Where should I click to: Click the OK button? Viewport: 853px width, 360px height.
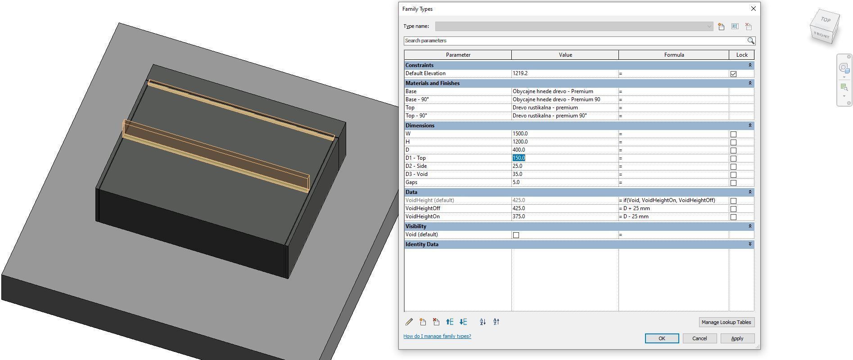[661, 338]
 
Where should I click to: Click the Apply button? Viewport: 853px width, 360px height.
[737, 338]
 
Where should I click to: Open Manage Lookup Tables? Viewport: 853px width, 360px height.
[726, 322]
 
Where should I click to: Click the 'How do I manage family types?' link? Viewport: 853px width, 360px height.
[437, 336]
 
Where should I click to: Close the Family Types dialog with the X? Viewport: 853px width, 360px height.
[753, 9]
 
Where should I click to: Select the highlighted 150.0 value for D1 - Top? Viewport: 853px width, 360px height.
[519, 158]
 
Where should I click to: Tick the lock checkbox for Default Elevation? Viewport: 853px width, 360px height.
[733, 74]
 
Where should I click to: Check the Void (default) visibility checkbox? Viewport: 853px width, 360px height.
[516, 235]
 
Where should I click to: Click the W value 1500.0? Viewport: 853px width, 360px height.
[520, 134]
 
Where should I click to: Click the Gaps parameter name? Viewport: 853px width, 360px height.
[411, 182]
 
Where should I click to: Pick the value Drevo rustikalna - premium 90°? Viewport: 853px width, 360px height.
[550, 116]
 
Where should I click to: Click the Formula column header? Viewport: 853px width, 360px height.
[673, 55]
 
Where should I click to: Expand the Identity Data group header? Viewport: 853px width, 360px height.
[749, 244]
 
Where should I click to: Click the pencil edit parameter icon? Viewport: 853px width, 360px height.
[409, 322]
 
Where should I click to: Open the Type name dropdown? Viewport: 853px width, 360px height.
[709, 27]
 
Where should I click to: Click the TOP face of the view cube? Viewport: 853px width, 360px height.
[825, 20]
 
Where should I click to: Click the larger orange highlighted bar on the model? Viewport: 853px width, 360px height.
[216, 155]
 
